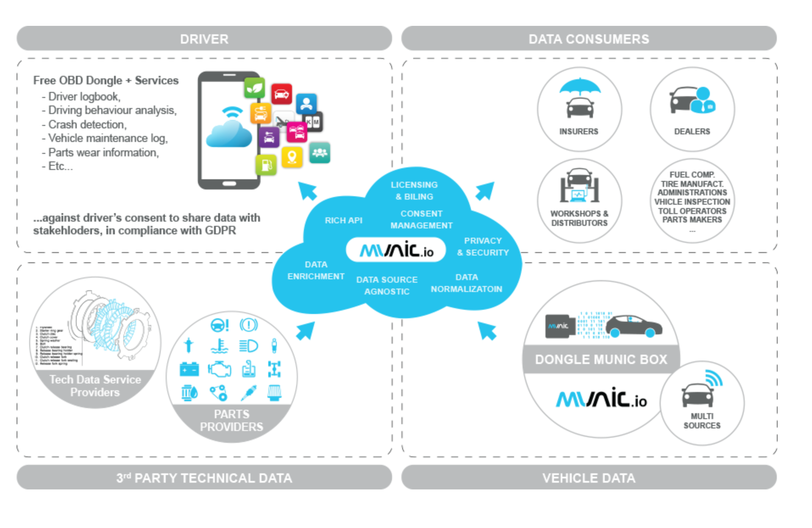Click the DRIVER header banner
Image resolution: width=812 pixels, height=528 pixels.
click(x=204, y=39)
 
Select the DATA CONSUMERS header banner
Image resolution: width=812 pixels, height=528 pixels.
click(x=588, y=39)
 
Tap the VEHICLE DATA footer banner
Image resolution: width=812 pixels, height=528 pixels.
click(x=588, y=478)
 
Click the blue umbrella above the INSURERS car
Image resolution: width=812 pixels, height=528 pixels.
click(x=579, y=86)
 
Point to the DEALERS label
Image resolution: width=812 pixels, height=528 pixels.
click(x=692, y=131)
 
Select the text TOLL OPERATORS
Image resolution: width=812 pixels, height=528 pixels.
click(x=692, y=211)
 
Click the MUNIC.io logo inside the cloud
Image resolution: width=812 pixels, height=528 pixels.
click(x=396, y=250)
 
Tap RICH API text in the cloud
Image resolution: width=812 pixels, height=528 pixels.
click(x=343, y=220)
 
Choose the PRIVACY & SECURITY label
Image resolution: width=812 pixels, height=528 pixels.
click(x=483, y=247)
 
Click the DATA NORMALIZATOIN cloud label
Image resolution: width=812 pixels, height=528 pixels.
click(x=466, y=283)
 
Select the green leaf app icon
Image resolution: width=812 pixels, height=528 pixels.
click(x=254, y=88)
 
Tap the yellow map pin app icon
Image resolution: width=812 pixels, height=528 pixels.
click(x=292, y=157)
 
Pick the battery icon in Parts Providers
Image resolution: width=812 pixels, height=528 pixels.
click(x=189, y=370)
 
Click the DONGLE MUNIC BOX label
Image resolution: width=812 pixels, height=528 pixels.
click(x=601, y=359)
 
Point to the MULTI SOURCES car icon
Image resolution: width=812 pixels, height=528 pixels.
click(x=698, y=395)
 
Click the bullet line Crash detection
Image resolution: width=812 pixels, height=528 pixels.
click(x=87, y=124)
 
